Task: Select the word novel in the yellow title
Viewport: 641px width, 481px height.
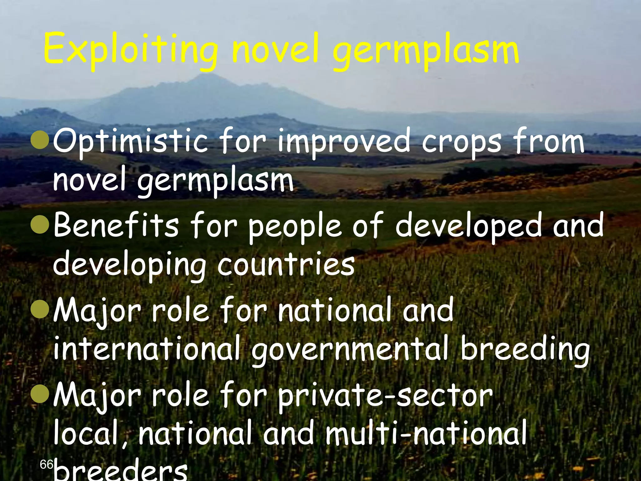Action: [276, 50]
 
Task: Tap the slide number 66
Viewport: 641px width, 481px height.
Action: [46, 464]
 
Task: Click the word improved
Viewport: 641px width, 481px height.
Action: [344, 142]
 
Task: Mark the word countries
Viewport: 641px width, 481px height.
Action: [286, 265]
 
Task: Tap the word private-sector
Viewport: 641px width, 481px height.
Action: [385, 396]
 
